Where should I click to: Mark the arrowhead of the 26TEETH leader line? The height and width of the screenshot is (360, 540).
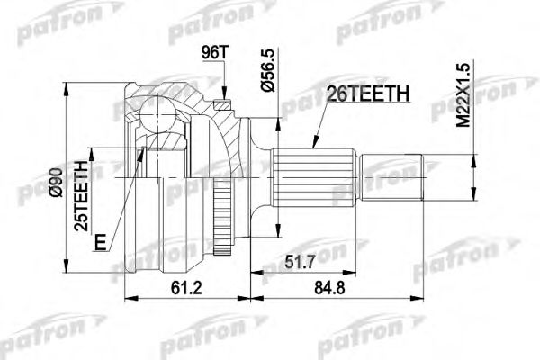pos(312,145)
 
